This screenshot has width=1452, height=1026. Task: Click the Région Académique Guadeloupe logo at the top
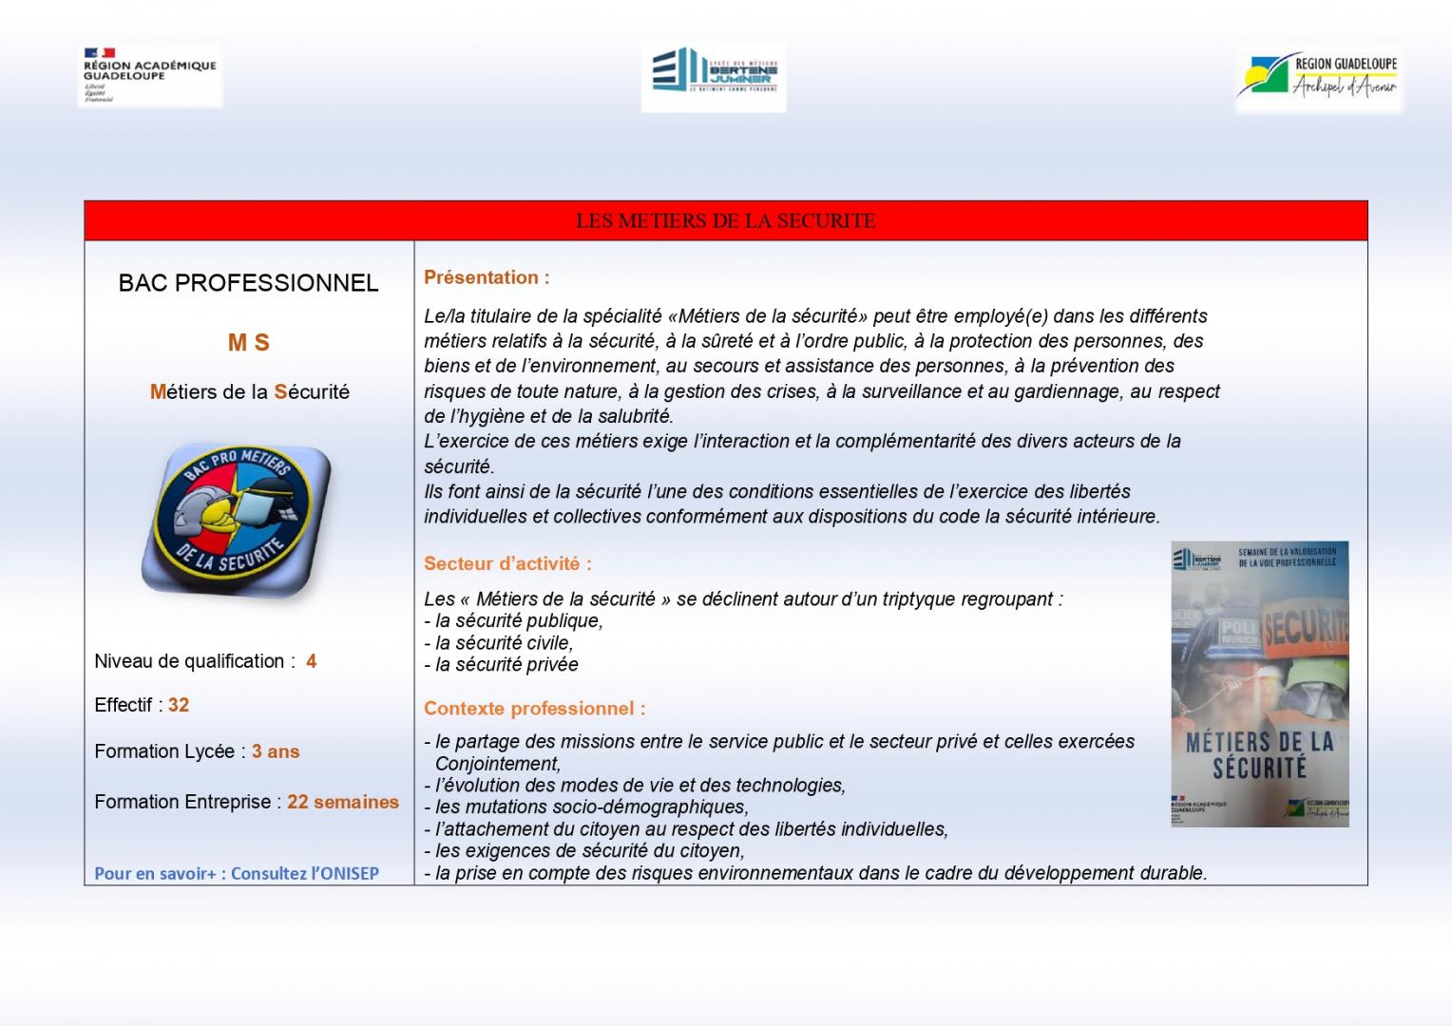tap(150, 74)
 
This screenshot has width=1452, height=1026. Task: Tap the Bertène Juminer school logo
tap(714, 77)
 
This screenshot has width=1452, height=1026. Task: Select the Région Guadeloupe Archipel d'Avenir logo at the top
tap(1318, 77)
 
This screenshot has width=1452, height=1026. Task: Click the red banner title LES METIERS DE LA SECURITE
tap(725, 221)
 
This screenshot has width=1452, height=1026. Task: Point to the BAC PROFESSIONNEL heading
tap(248, 283)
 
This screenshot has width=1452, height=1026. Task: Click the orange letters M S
tap(249, 343)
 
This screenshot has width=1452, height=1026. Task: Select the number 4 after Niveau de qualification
tap(312, 661)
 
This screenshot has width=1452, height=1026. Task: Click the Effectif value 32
tap(179, 705)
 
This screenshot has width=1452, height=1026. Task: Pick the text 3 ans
tap(276, 751)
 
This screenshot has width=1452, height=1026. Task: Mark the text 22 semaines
tap(343, 802)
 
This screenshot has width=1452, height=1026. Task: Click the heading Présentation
tap(487, 277)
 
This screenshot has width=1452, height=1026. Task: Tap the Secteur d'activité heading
tap(507, 563)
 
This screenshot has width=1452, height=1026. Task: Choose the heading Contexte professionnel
tap(534, 709)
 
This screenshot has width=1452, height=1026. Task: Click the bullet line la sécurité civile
tap(499, 643)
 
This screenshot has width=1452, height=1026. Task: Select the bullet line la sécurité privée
tap(501, 665)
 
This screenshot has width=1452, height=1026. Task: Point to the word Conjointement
tap(497, 764)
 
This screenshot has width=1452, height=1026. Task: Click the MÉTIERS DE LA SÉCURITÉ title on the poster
tap(1259, 755)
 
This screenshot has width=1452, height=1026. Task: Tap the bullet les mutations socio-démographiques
tap(586, 807)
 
